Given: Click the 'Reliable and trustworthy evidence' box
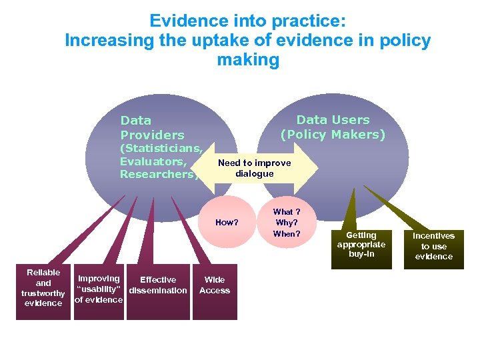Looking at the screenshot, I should (x=43, y=288).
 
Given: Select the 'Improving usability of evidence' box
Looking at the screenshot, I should (x=99, y=289).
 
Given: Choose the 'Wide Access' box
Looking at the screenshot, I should (x=215, y=285).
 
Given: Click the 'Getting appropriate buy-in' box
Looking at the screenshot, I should (x=361, y=245).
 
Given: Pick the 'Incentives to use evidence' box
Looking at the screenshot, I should (x=433, y=246).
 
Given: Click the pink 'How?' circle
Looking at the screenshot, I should (x=227, y=223).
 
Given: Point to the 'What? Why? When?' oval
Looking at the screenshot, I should (x=287, y=223).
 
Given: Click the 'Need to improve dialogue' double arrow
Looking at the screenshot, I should (x=255, y=168).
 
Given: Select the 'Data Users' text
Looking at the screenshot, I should (x=333, y=120).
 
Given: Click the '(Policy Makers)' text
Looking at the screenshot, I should (x=333, y=135).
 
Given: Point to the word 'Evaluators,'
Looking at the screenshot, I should (x=153, y=161).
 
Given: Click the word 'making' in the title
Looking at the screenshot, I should (x=248, y=60).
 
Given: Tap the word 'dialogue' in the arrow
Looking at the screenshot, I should (x=255, y=173).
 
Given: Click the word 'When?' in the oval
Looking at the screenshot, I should (x=287, y=234).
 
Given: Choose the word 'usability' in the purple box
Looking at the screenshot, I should (x=99, y=290).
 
